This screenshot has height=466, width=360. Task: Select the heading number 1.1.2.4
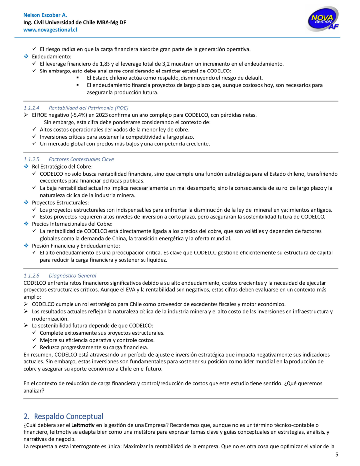(x=32, y=108)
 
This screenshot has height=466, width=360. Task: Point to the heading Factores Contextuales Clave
(x=81, y=159)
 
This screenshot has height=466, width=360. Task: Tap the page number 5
(x=337, y=454)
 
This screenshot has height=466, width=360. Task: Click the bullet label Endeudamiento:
(x=52, y=56)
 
